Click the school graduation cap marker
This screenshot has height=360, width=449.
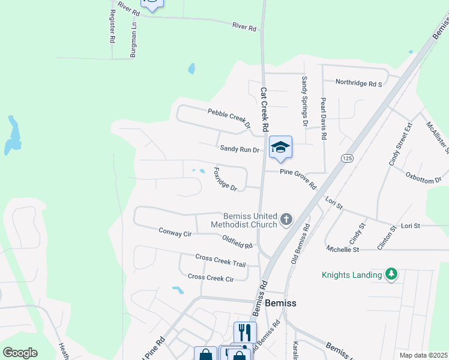click(x=280, y=148)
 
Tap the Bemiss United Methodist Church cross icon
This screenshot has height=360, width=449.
click(x=286, y=220)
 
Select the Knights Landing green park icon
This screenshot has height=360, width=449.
click(x=391, y=274)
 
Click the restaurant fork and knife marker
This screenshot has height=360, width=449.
click(x=245, y=332)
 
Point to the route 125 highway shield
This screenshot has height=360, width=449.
click(x=346, y=158)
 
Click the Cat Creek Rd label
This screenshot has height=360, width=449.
click(x=263, y=110)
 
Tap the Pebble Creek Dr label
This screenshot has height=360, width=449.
click(x=229, y=118)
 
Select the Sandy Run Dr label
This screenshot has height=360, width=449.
click(x=239, y=149)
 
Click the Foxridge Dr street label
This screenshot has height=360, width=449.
click(x=225, y=179)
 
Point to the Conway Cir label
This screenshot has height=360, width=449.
click(x=175, y=232)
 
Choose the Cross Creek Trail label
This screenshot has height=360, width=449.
click(x=220, y=260)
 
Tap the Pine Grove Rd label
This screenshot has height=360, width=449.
click(x=298, y=178)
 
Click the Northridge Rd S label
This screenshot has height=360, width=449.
click(x=358, y=83)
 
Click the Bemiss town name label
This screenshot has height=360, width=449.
click(x=280, y=303)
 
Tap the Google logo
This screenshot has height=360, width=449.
click(x=20, y=353)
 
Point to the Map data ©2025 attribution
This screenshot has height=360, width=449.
click(x=423, y=355)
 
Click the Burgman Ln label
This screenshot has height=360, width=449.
click(x=133, y=40)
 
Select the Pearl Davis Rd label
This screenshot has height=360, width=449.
click(x=323, y=119)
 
